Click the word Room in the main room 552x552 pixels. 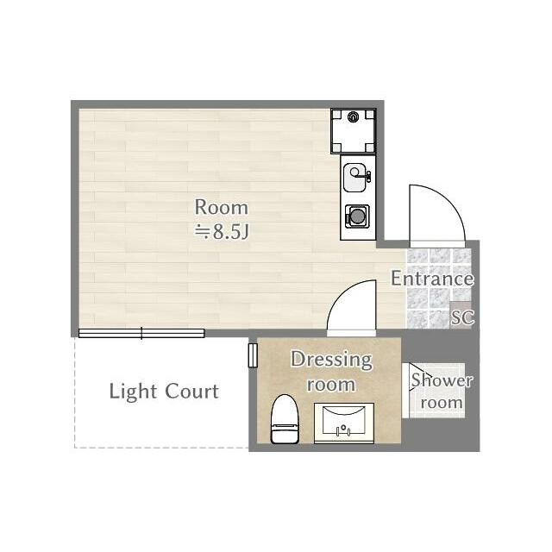[x=221, y=208]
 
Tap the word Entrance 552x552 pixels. [x=432, y=279]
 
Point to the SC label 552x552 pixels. [x=462, y=317]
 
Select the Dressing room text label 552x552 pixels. [x=330, y=371]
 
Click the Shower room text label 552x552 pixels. [x=442, y=391]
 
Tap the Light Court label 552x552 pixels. [x=164, y=392]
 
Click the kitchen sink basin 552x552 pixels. [x=354, y=179]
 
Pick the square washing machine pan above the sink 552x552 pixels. [x=354, y=129]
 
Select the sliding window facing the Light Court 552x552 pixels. [x=141, y=333]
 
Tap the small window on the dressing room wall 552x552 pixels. [x=253, y=354]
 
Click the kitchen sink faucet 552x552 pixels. [x=367, y=176]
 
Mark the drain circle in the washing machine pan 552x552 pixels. [x=354, y=119]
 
